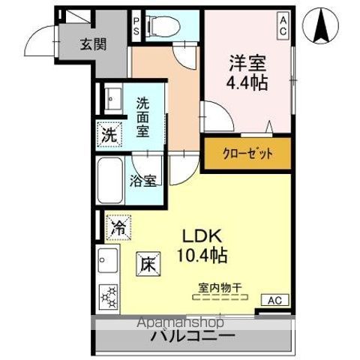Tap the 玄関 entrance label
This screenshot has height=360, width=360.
tap(94, 43)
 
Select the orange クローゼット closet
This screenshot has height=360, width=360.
tap(247, 154)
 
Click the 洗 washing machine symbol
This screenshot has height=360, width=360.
tap(110, 136)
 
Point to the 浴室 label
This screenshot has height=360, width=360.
tap(142, 180)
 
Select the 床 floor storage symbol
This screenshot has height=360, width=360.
tap(147, 264)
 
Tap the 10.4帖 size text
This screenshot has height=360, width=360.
tap(202, 254)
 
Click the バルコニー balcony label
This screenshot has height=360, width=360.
tap(193, 335)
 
